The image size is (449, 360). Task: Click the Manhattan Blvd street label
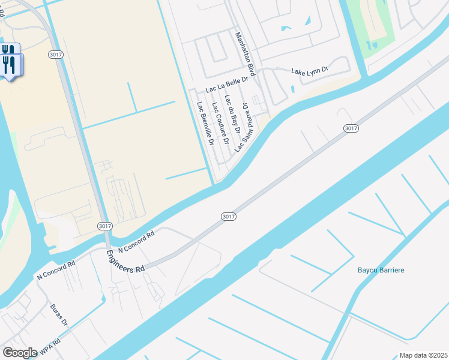pyautogui.click(x=246, y=54)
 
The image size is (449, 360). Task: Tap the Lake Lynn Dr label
pyautogui.click(x=310, y=71)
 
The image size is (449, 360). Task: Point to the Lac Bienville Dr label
pyautogui.click(x=205, y=124)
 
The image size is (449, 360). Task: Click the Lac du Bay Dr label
pyautogui.click(x=232, y=113)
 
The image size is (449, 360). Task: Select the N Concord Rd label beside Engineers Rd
pyautogui.click(x=137, y=241)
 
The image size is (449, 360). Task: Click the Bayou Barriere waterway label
pyautogui.click(x=381, y=270)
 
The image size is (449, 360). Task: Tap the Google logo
pyautogui.click(x=20, y=353)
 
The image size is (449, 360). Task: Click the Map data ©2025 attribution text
pyautogui.click(x=424, y=355)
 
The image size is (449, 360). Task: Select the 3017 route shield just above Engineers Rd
pyautogui.click(x=104, y=224)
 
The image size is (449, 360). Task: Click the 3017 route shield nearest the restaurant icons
pyautogui.click(x=55, y=55)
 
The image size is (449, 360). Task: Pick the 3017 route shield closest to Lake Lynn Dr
pyautogui.click(x=351, y=128)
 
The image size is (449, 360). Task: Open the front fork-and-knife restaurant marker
pyautogui.click(x=10, y=64)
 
